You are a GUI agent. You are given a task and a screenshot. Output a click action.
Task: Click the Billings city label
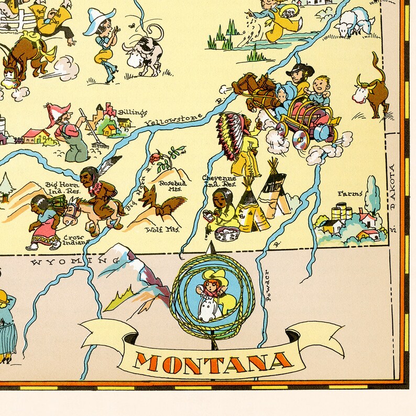(132, 113)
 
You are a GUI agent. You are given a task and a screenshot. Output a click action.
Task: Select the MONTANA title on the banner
(214, 362)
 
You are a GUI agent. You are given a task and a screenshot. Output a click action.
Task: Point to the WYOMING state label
(66, 260)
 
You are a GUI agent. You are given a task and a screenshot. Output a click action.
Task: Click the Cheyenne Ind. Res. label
(219, 181)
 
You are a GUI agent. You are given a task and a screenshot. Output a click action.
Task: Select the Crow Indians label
(74, 240)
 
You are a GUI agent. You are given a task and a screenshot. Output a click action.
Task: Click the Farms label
(349, 194)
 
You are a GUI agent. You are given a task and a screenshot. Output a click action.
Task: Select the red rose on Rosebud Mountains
(156, 157)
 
